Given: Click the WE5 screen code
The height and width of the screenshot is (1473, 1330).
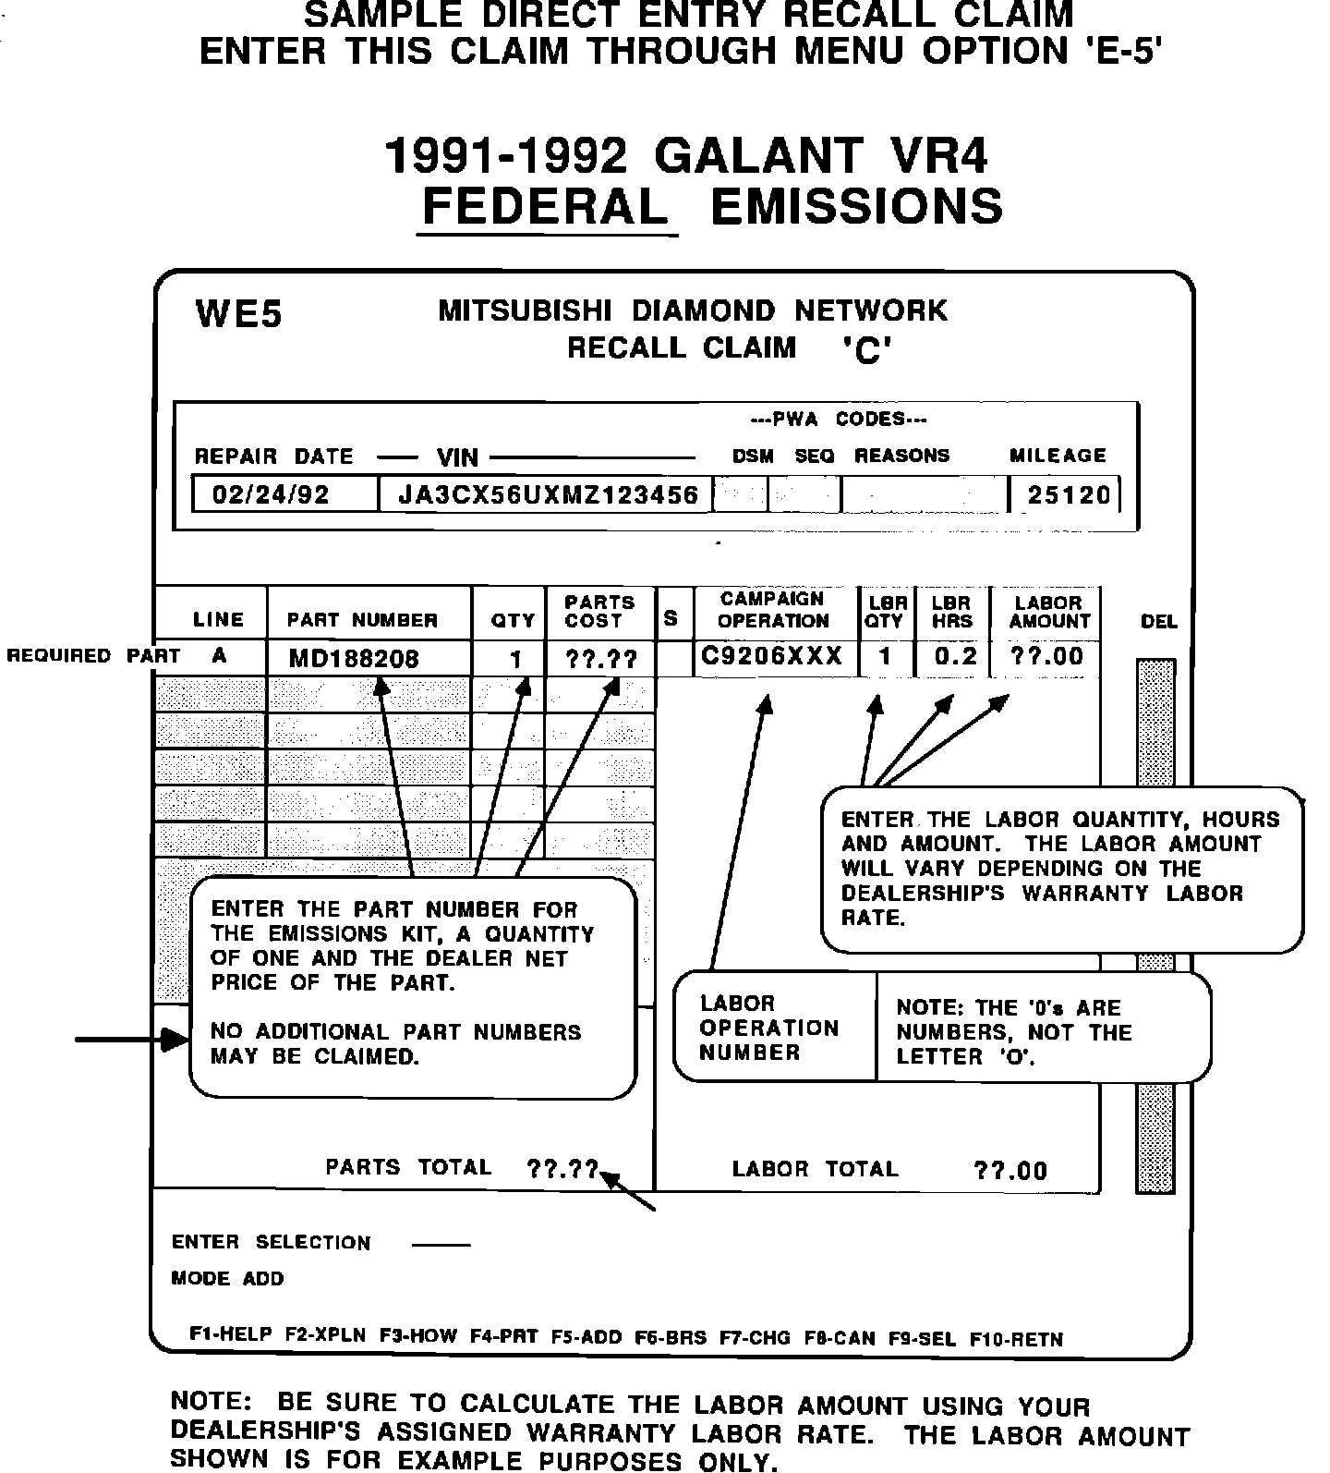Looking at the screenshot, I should pos(238,314).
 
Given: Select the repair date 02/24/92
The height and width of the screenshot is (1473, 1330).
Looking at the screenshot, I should pos(271,494).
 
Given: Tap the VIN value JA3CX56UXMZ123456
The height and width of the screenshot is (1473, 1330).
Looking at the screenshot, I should pos(548,494).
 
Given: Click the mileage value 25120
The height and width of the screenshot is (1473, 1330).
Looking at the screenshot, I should pos(1069,495).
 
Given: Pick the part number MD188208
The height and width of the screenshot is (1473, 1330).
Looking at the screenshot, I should pos(354,659).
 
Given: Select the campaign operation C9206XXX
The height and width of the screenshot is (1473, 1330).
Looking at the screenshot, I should pos(772,656).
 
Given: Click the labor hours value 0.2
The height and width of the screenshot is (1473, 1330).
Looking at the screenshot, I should pos(955,656).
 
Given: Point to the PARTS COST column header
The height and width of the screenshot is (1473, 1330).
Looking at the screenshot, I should pos(599,612).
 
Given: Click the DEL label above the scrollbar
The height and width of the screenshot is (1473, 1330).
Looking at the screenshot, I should pos(1159,622).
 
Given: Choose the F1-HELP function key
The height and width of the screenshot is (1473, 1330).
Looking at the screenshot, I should pos(231,1334).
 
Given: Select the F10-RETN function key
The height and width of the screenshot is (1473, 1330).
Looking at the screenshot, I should pos(1016,1339).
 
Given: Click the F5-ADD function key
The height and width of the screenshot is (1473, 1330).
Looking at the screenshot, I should pos(586,1337).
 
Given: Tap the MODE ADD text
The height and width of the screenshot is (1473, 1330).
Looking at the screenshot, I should pos(227,1279).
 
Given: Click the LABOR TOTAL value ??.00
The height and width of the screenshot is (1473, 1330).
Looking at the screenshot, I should pos(1010,1171).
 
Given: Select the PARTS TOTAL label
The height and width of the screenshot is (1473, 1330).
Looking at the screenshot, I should pos(408,1167).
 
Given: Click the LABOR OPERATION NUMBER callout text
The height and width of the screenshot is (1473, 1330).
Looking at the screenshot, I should pos(768,1028).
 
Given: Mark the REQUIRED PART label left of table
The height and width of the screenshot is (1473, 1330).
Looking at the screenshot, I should pos(93,656).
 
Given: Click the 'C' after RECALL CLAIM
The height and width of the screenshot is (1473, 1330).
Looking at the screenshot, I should pos(866,350).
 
